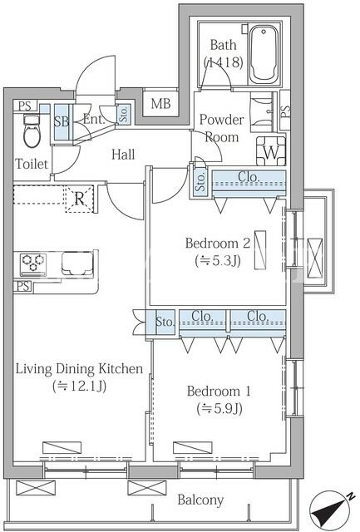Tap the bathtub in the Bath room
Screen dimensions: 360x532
264,54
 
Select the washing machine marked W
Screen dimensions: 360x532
271,150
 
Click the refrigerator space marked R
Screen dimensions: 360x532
79,199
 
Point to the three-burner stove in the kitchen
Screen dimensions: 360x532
32,264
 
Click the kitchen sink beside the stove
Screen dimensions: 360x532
77,264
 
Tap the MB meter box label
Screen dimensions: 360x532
160,103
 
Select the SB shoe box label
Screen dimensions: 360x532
62,121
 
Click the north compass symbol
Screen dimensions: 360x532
333,510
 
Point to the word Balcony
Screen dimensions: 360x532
200,500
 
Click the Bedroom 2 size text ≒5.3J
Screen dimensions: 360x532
218,260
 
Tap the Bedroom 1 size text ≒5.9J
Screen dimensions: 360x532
219,408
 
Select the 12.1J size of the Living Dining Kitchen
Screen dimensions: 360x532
79,386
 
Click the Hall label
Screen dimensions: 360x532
123,155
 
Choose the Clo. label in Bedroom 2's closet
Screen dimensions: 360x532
249,177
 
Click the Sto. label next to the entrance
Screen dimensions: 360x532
124,114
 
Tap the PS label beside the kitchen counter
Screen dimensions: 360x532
22,286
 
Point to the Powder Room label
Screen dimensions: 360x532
221,128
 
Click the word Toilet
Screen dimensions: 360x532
32,165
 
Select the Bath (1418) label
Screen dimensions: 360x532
224,53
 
